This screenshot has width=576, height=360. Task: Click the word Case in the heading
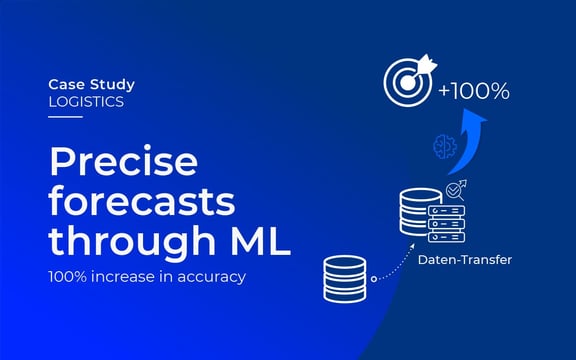click(66, 85)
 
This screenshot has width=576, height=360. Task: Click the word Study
click(110, 85)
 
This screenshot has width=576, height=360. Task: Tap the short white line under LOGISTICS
click(65, 117)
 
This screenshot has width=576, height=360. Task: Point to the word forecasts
click(143, 203)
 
